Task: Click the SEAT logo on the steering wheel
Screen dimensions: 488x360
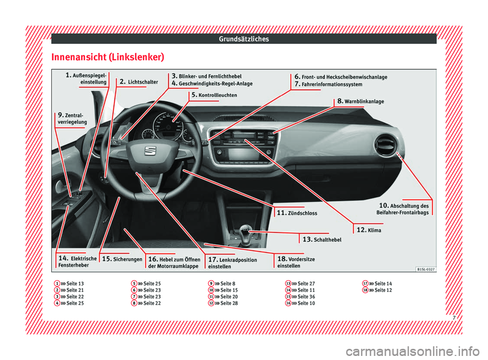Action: pos(149,151)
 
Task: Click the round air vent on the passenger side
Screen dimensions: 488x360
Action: pos(386,145)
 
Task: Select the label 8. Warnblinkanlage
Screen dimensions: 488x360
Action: pos(361,101)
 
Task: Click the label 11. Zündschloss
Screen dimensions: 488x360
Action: pos(297,213)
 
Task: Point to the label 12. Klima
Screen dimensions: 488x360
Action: pos(369,230)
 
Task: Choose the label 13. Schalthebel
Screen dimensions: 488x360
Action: pos(322,239)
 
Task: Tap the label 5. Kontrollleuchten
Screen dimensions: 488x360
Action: pos(214,95)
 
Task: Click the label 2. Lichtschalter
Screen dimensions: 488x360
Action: pos(139,82)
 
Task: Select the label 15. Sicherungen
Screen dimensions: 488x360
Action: pos(122,259)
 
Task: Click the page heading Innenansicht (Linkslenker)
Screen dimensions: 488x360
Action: pos(108,57)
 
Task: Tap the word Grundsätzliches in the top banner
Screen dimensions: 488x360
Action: pos(243,39)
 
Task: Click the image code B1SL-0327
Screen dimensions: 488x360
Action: pos(426,269)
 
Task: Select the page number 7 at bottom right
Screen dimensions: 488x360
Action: pos(454,318)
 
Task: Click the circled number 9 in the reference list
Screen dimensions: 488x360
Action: pos(211,283)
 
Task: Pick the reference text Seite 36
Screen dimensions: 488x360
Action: pos(306,296)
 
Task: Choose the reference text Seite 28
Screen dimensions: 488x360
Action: pos(229,303)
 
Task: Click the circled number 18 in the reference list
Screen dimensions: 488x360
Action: pos(365,290)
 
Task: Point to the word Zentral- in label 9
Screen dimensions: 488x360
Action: pos(74,115)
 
